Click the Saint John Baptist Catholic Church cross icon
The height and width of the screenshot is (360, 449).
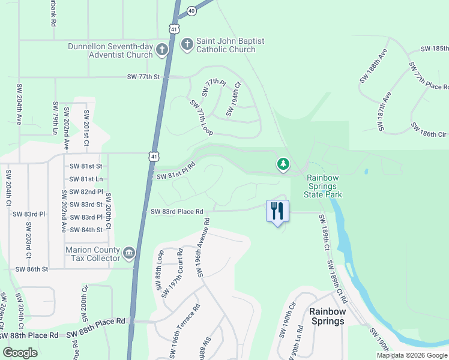pos(187,44)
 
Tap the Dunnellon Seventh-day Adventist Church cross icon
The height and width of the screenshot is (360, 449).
pos(161,50)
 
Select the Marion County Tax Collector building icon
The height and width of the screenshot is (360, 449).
pos(129,254)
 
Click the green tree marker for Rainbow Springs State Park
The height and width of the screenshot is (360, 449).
pos(283,164)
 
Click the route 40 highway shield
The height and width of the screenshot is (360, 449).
pos(191,11)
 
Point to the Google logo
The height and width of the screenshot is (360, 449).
pos(20,353)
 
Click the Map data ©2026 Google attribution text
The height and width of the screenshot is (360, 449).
pos(412,355)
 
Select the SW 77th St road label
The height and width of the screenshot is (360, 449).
pos(145,77)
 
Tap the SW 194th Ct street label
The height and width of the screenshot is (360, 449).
pos(233,100)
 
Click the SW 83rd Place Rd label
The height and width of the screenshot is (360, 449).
pos(177,211)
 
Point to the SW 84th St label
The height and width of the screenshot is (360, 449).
pos(86,230)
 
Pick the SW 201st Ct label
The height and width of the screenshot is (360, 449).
pos(86,128)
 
